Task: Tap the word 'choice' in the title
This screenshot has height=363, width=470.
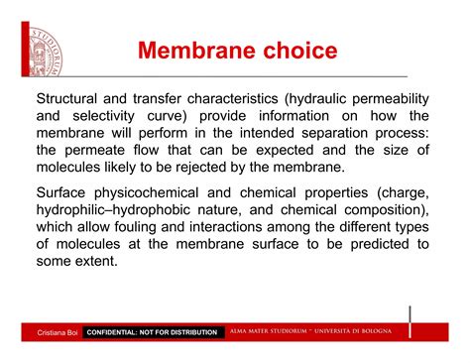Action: coord(301,51)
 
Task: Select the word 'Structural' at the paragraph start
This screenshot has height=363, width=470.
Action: coord(71,99)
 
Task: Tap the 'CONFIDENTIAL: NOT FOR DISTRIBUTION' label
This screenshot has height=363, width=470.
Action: coord(153,332)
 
